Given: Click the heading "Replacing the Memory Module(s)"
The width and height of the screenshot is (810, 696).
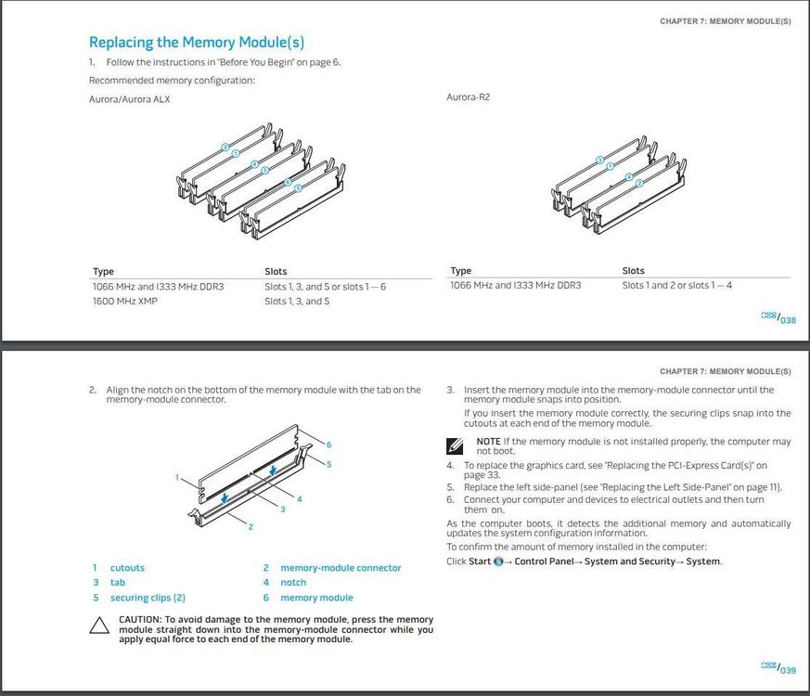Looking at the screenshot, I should (x=196, y=43).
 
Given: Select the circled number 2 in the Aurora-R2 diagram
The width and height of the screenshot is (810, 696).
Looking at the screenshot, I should (x=639, y=184).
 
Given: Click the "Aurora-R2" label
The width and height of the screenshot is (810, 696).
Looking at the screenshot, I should (x=468, y=97).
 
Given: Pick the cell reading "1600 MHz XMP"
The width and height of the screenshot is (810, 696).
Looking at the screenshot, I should (x=125, y=302).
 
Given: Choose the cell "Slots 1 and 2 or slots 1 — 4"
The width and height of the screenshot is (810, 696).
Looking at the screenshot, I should (x=676, y=285).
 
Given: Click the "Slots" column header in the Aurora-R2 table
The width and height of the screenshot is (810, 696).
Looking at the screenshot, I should (x=633, y=271).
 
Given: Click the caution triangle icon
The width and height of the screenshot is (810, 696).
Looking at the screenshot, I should (x=99, y=625).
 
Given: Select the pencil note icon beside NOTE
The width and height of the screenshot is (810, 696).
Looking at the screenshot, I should (x=455, y=445).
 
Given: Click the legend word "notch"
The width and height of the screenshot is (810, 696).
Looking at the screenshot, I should (x=293, y=583).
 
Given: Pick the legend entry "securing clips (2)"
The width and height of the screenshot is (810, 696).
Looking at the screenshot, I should (x=148, y=598).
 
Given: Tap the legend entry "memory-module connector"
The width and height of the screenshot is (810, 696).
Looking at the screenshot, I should (x=341, y=568).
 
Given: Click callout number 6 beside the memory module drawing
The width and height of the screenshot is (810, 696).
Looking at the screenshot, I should (x=328, y=445).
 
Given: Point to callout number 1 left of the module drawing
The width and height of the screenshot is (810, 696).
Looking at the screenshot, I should (x=176, y=478).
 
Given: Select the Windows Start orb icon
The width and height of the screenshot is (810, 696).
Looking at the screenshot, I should (x=498, y=561).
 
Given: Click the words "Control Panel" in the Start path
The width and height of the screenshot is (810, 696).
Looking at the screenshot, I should (x=544, y=561).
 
